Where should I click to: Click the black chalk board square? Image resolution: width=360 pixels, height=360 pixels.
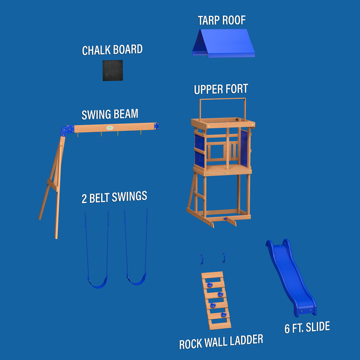112,71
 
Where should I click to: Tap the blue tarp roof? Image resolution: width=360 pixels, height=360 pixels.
224,43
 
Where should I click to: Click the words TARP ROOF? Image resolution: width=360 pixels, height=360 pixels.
221,20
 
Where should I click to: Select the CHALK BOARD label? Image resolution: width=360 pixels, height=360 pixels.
112,50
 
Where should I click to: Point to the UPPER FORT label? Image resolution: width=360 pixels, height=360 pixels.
221,89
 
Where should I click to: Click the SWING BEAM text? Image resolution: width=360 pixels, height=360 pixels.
110,114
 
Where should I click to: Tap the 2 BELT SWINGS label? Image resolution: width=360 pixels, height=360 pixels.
114,197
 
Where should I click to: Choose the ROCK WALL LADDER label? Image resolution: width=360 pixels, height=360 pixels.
221,342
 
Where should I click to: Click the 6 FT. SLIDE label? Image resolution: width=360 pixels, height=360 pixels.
307,328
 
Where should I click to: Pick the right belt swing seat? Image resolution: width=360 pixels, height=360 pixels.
136,280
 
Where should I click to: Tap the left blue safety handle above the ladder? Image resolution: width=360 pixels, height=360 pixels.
202,259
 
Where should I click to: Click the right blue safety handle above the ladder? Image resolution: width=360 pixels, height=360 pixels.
224,257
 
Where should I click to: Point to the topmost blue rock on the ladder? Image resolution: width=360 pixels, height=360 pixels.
210,285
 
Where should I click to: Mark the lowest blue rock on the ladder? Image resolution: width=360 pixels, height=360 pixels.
224,315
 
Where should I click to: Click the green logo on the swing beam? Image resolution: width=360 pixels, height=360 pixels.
110,128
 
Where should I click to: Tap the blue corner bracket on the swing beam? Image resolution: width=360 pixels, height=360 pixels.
67,130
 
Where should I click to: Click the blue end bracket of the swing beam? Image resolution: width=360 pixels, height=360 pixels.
156,126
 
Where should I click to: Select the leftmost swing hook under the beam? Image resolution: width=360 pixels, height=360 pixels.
78,135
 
